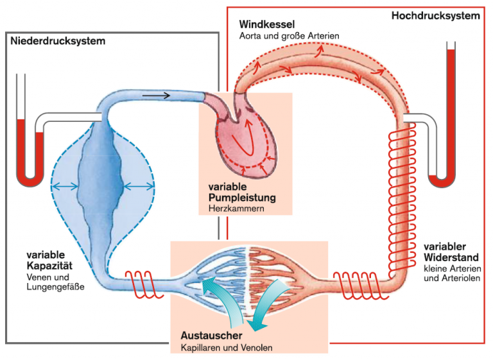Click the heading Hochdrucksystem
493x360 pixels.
(x=435, y=15)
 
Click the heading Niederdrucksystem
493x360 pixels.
(x=58, y=41)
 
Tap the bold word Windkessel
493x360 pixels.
(x=267, y=24)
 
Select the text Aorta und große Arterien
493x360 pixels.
(x=290, y=36)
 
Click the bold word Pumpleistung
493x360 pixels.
(x=242, y=198)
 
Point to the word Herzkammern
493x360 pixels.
(x=236, y=208)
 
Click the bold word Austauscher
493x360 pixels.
(x=211, y=336)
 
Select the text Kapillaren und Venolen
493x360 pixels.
(x=227, y=348)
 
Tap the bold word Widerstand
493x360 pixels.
(x=451, y=257)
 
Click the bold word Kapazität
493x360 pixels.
(x=49, y=266)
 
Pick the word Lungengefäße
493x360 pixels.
(x=55, y=287)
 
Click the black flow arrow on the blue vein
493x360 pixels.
(x=156, y=95)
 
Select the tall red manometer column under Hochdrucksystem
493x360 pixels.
(x=451, y=113)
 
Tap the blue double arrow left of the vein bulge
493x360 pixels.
(x=65, y=187)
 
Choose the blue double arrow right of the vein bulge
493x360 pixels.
(x=139, y=187)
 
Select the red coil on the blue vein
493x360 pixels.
(x=144, y=284)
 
